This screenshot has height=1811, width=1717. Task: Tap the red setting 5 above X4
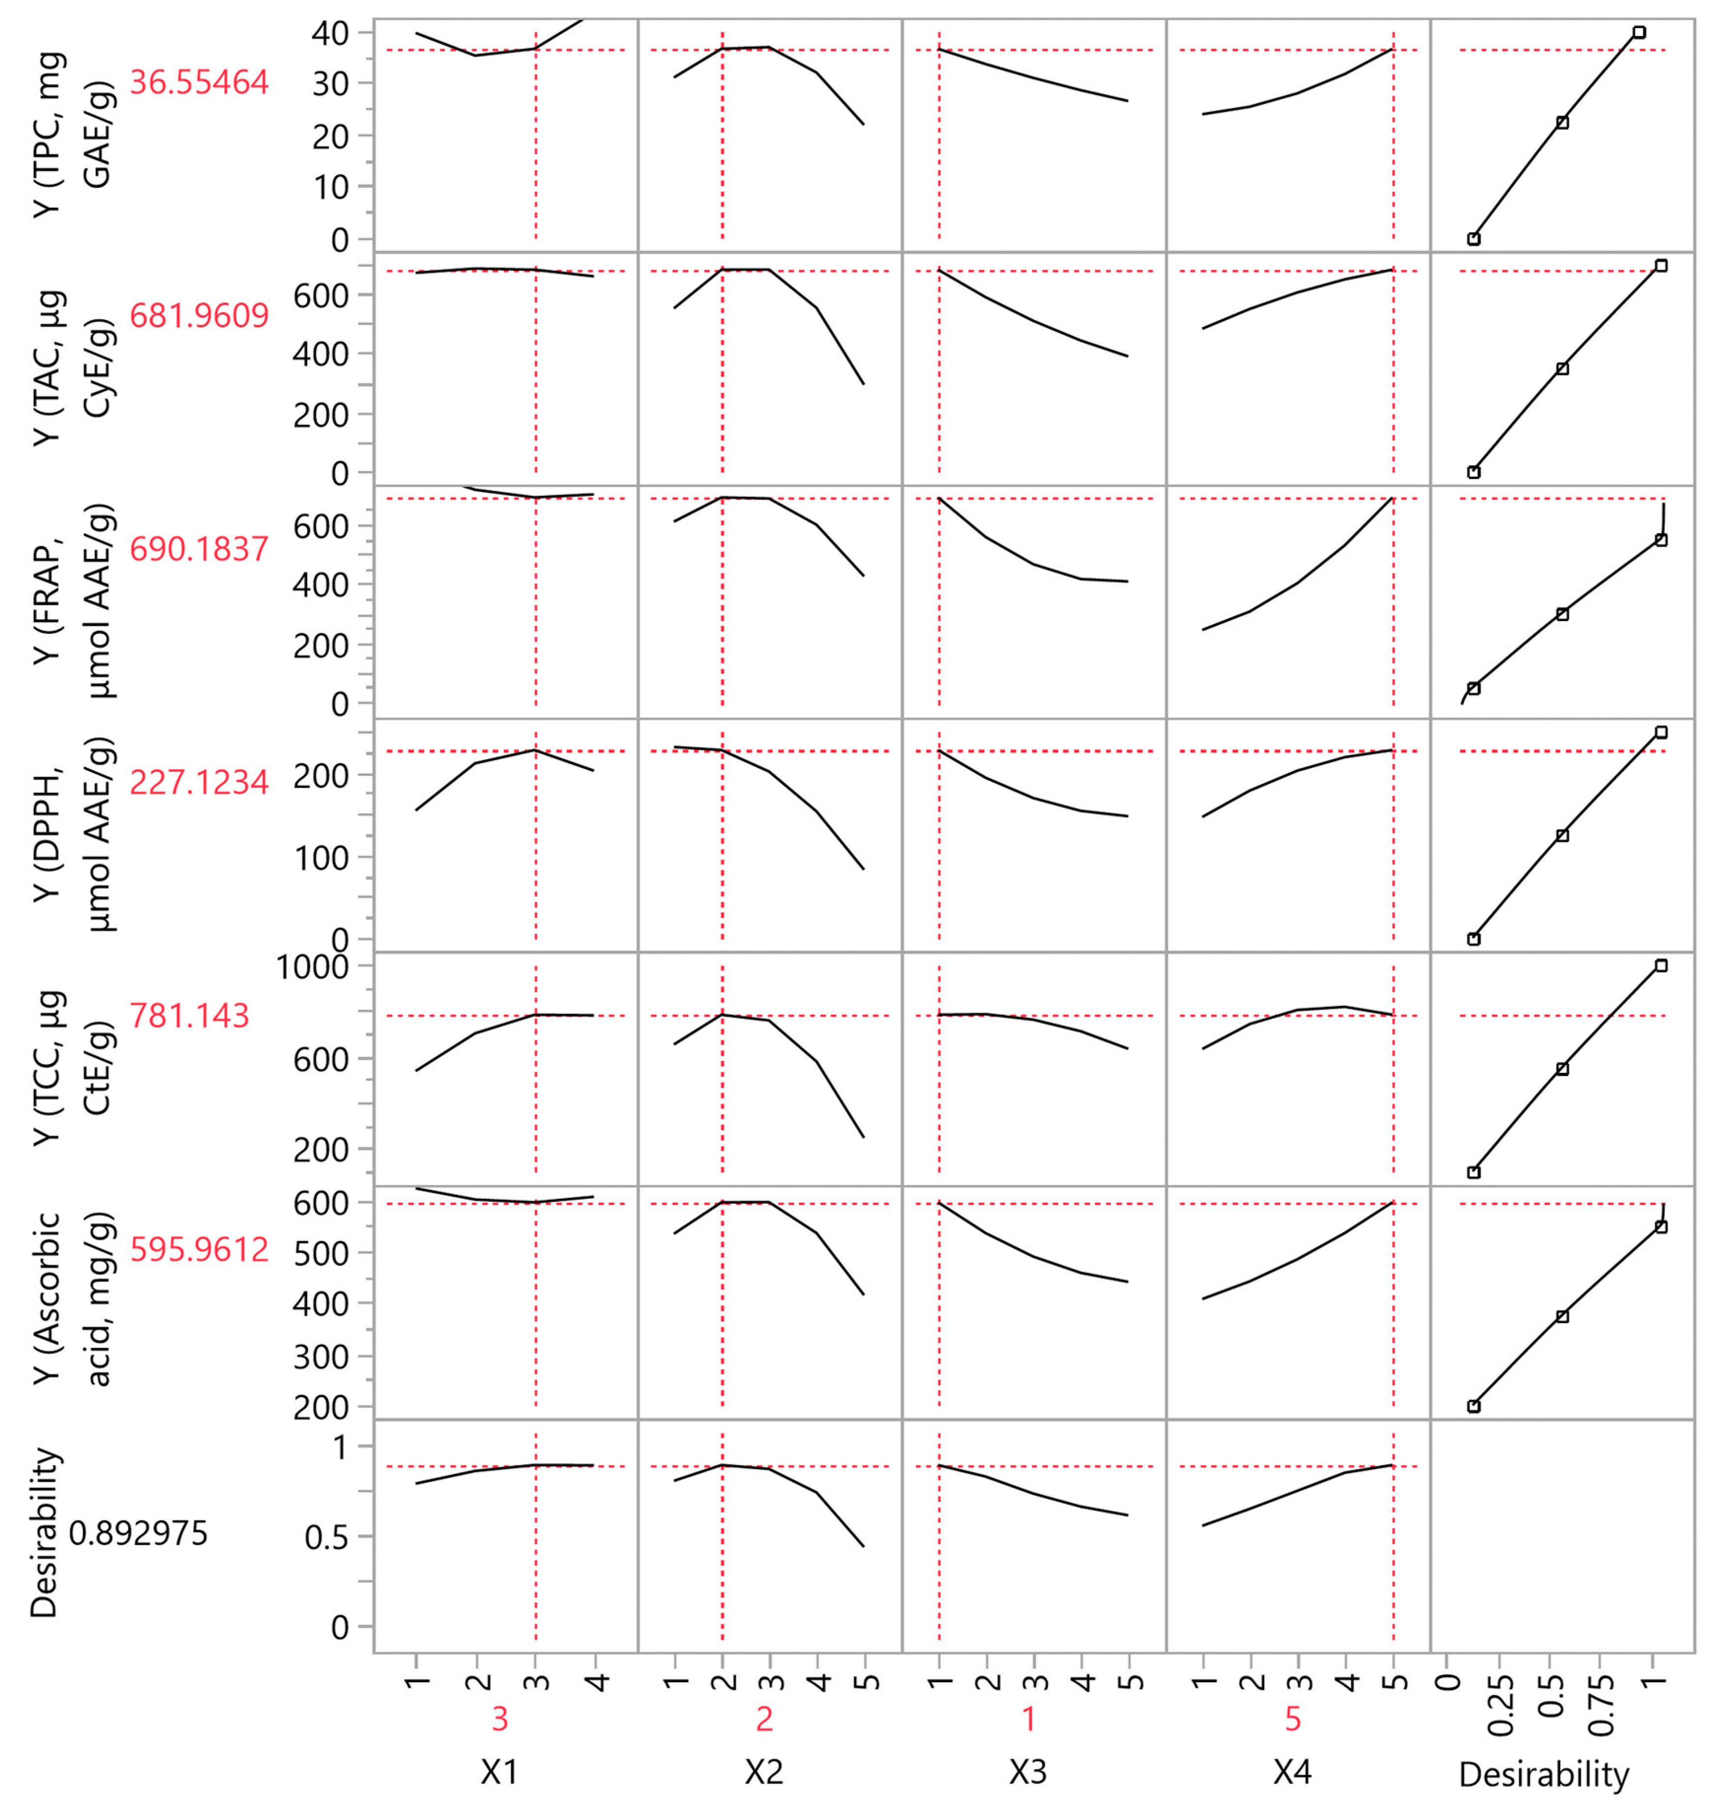tap(1293, 1720)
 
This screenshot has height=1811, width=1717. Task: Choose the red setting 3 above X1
tap(500, 1720)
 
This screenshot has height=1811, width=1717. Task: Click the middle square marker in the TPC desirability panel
tap(1563, 122)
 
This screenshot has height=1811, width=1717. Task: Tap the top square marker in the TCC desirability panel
tap(1661, 965)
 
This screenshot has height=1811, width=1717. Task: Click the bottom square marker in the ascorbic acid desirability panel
tap(1474, 1406)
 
